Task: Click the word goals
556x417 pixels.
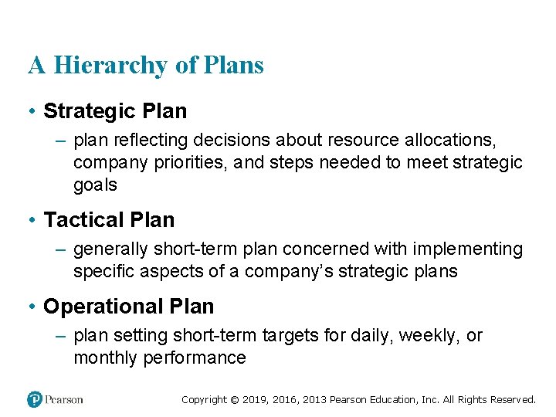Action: (95, 185)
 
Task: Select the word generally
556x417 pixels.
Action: (110, 249)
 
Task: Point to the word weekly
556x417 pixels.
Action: (434, 336)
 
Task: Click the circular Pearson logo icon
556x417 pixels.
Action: (35, 399)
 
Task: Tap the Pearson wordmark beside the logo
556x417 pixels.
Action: (64, 399)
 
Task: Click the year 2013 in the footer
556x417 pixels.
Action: (316, 400)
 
